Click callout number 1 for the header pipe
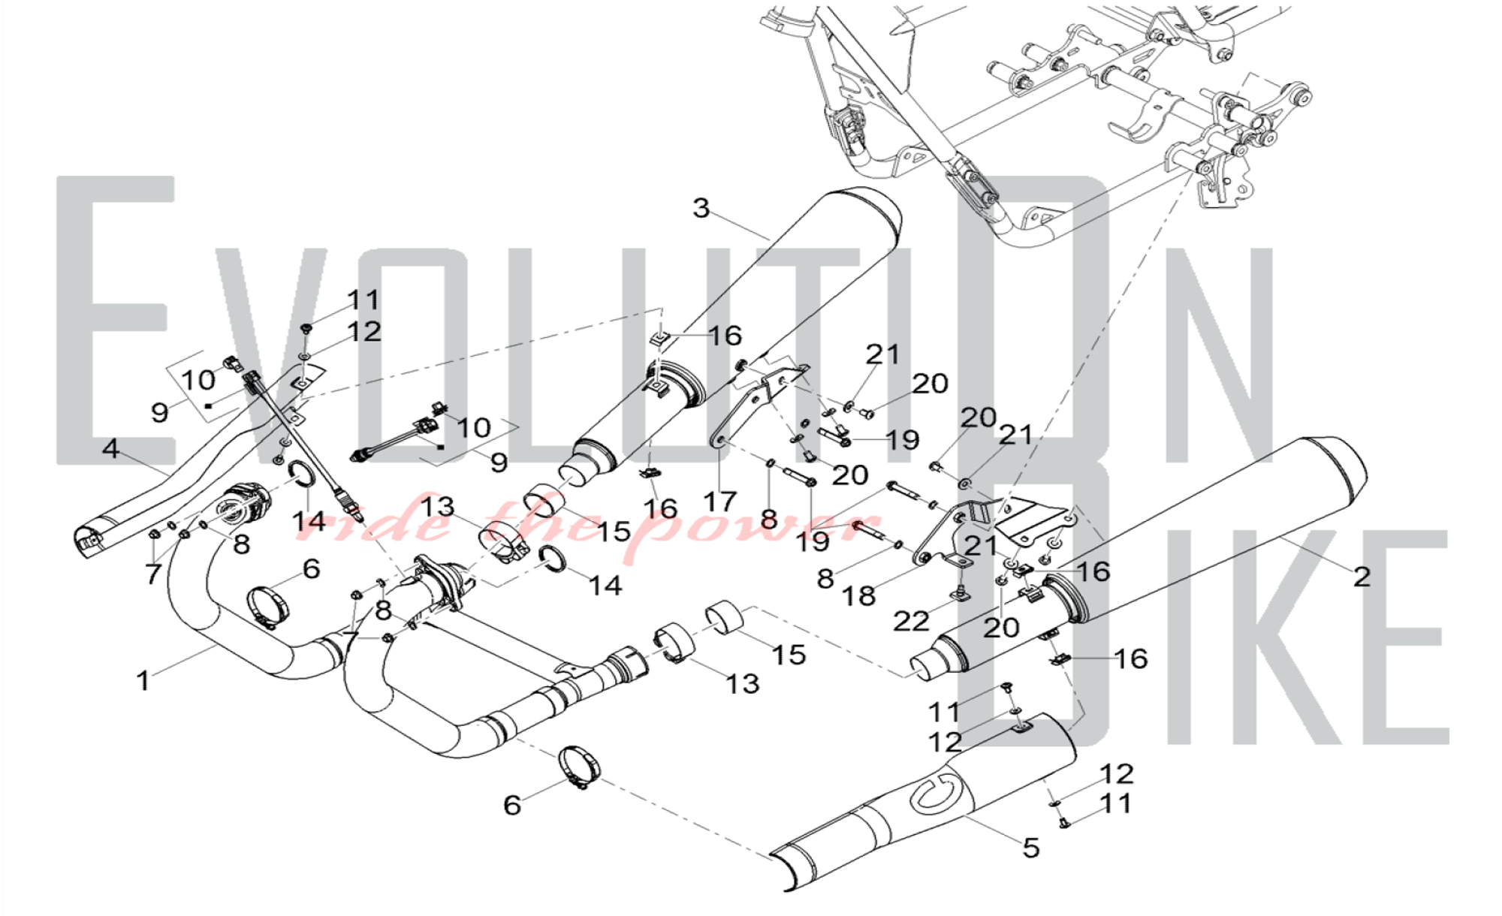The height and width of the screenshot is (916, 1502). point(143,681)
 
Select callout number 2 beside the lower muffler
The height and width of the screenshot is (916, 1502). point(1362,576)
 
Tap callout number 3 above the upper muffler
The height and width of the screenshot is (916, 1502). point(701,208)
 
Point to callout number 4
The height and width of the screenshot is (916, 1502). point(110,448)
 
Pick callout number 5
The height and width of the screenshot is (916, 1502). point(1030,848)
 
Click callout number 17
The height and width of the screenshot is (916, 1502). point(719,501)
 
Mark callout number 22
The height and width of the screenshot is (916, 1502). point(911,621)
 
